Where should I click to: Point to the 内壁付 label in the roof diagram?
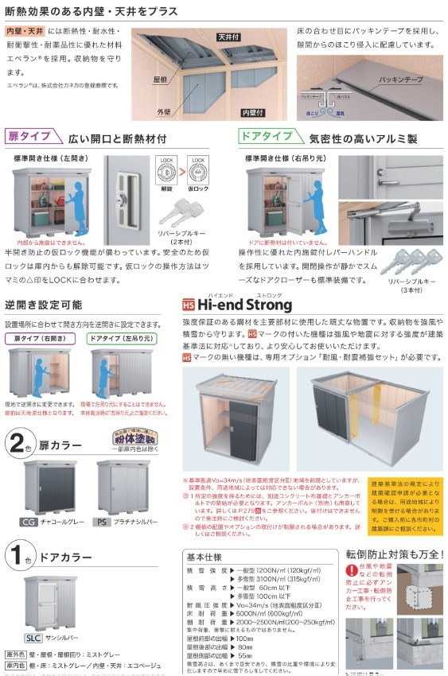[x=252, y=114]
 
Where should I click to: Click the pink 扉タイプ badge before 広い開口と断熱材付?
[x=29, y=137]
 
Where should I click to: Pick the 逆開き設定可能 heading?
[x=43, y=305]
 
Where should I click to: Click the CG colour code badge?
[x=28, y=522]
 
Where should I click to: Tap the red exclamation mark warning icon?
[x=351, y=571]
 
